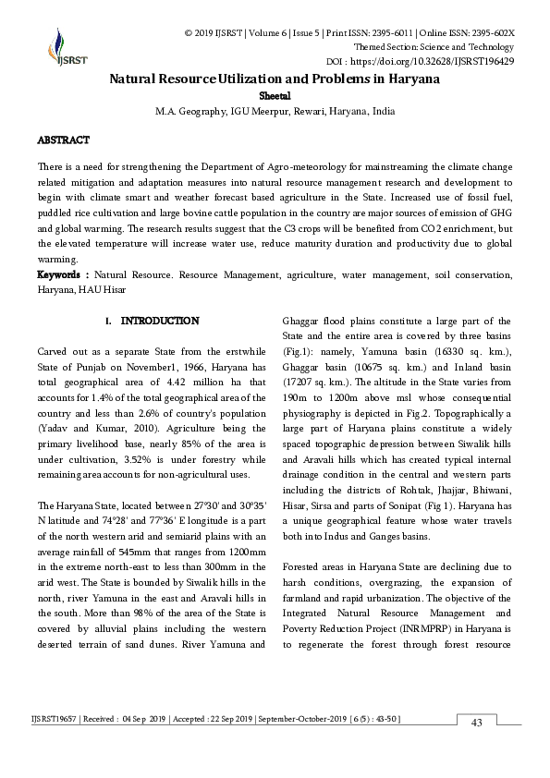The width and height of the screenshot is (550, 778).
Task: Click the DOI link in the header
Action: pyautogui.click(x=446, y=61)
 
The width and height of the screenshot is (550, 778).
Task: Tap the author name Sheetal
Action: pyautogui.click(x=275, y=95)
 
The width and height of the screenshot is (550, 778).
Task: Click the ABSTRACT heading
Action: pyautogui.click(x=63, y=140)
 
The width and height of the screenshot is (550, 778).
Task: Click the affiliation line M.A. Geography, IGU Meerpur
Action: pyautogui.click(x=275, y=111)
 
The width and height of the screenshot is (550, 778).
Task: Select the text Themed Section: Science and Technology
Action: pyautogui.click(x=434, y=46)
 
